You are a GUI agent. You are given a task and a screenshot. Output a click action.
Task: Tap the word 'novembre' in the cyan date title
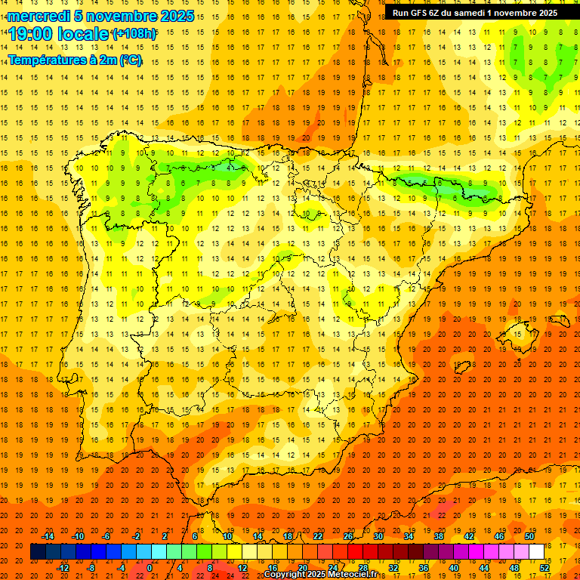coord(116,16)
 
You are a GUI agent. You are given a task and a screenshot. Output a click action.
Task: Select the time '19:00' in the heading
coord(32,33)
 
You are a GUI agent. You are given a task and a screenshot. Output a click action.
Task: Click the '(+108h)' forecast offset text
coord(134,34)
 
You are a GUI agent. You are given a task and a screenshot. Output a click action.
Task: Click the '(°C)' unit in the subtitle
coord(130,60)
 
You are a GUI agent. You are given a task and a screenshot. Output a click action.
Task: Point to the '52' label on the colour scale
coord(545,568)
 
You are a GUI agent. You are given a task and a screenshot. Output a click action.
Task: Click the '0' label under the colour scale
coord(150,568)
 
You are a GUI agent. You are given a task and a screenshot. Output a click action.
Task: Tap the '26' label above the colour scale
coord(348,536)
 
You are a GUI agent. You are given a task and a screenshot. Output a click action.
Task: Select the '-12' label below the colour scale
coord(63,568)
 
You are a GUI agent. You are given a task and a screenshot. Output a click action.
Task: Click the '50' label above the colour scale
coord(529,536)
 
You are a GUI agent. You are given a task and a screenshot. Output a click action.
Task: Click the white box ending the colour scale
coord(536,552)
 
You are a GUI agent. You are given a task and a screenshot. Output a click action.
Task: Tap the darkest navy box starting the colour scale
coord(38,552)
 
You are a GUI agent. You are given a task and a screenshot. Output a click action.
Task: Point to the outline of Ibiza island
coord(461,368)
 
